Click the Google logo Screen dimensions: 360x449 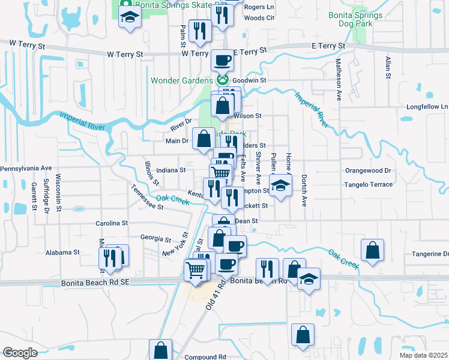pos(20,353)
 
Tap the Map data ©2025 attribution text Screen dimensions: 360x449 pos(423,355)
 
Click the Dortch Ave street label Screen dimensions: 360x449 pos(304,191)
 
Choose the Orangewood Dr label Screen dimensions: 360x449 pos(368,170)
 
